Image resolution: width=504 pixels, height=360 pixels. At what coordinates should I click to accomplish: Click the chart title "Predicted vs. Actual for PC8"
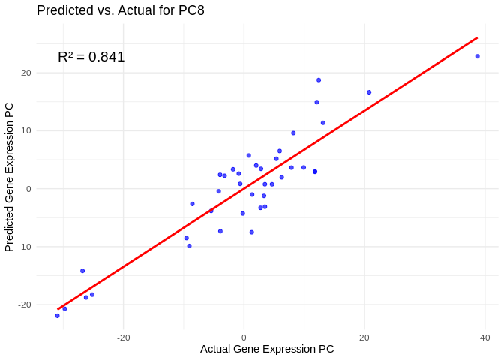pos(120,10)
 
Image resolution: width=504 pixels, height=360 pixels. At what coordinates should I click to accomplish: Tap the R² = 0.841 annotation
pos(91,57)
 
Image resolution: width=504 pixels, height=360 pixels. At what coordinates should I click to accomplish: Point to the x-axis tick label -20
pos(124,337)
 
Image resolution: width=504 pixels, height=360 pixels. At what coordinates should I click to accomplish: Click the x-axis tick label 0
pos(244,337)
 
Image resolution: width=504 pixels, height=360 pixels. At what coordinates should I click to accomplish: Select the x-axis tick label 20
pos(364,337)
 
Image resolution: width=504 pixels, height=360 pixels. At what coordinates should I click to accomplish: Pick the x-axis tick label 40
pos(485,337)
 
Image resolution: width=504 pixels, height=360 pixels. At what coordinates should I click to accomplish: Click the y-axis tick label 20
pos(25,73)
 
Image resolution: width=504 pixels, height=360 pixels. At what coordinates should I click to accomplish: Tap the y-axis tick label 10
pos(25,130)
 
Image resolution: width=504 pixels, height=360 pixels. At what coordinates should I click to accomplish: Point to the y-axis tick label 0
pos(28,189)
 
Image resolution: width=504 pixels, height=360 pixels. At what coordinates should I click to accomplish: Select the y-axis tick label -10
pos(24,247)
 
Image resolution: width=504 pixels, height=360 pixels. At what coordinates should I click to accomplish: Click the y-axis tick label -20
pos(24,304)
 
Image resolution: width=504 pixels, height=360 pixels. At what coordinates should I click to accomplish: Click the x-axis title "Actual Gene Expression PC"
pos(267,349)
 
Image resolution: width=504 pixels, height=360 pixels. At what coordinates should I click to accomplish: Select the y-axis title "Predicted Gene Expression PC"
pos(10,177)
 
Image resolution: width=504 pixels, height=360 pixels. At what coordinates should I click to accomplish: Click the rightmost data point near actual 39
pos(478,56)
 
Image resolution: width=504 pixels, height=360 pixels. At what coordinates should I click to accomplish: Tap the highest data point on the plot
pos(319,79)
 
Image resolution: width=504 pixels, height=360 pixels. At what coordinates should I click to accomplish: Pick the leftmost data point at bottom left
pos(57,316)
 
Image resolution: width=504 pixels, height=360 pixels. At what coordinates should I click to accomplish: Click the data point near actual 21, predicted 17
pos(369,92)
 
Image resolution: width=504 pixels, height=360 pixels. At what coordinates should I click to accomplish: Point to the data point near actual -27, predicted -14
pos(82,271)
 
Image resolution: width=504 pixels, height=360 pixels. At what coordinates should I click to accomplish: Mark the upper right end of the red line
pos(478,37)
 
